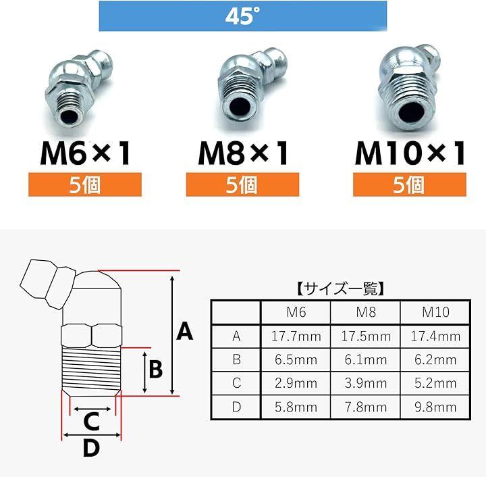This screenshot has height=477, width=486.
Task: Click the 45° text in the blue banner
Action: (x=242, y=16)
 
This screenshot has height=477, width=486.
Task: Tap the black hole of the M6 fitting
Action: (x=70, y=118)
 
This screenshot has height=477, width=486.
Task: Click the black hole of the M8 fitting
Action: (x=240, y=106)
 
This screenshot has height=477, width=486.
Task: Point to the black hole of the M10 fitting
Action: (x=411, y=113)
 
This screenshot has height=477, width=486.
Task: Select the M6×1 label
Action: (x=85, y=153)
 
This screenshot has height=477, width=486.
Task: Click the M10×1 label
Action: (x=410, y=153)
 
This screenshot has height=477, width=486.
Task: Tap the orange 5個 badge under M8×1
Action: (x=242, y=184)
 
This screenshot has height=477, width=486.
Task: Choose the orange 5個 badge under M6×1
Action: (x=85, y=184)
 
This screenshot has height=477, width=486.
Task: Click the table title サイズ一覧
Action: (x=340, y=288)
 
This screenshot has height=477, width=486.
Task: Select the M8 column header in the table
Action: (x=366, y=312)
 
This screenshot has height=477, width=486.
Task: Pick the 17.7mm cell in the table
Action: (x=296, y=336)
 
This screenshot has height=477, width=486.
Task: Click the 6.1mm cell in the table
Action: (x=366, y=359)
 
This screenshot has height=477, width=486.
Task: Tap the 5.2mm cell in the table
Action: (x=435, y=383)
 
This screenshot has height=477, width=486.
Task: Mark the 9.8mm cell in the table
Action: (x=435, y=407)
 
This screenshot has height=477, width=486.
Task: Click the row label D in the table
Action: (x=236, y=407)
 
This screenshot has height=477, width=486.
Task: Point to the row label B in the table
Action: (x=236, y=359)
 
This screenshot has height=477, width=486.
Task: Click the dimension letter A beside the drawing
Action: (x=185, y=331)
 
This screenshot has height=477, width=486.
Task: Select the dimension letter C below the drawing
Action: (x=91, y=422)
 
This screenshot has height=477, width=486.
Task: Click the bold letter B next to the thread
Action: (x=156, y=369)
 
